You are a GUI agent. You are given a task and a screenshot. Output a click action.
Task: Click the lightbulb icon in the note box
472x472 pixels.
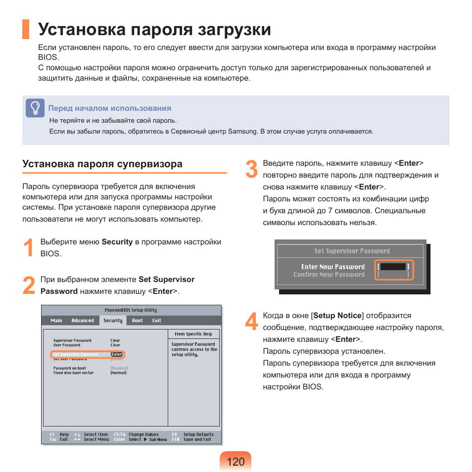point(35,108)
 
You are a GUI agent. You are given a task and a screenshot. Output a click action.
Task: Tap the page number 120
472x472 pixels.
point(236,462)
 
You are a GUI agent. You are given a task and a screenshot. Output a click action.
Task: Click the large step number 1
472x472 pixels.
point(29,247)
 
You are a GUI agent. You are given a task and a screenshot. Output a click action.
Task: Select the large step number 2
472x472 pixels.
point(29,285)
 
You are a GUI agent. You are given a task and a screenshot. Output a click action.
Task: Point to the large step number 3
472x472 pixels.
point(251,170)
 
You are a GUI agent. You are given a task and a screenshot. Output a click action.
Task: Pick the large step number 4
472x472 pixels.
point(251,322)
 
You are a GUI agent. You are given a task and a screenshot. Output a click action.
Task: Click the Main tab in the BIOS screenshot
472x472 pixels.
point(56,321)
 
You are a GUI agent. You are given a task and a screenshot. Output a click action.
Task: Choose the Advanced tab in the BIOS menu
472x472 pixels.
point(83,321)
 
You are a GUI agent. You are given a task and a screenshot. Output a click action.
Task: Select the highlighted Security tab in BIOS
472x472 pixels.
point(113,321)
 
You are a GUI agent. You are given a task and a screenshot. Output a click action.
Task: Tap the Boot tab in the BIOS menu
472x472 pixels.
point(137,321)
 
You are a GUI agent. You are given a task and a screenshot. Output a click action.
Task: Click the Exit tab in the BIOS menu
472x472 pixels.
point(156,321)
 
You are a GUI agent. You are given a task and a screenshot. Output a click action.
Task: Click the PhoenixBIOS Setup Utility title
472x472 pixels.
point(131,310)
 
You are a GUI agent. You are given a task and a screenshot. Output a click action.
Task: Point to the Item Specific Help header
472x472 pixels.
point(194,334)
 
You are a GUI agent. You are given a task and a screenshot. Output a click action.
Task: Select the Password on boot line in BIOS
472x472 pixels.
point(70,368)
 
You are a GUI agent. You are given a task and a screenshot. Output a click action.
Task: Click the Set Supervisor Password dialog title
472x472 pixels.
point(352,251)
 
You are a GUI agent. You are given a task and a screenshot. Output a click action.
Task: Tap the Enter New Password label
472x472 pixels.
point(332,267)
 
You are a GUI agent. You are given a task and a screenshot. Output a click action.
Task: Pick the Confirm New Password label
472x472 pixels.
point(329,275)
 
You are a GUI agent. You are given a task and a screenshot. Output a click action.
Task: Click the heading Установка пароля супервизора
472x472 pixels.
point(102,164)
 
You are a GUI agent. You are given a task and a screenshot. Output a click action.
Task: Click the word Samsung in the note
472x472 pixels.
point(242,132)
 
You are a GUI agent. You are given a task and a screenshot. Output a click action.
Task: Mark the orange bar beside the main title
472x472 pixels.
point(26,29)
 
